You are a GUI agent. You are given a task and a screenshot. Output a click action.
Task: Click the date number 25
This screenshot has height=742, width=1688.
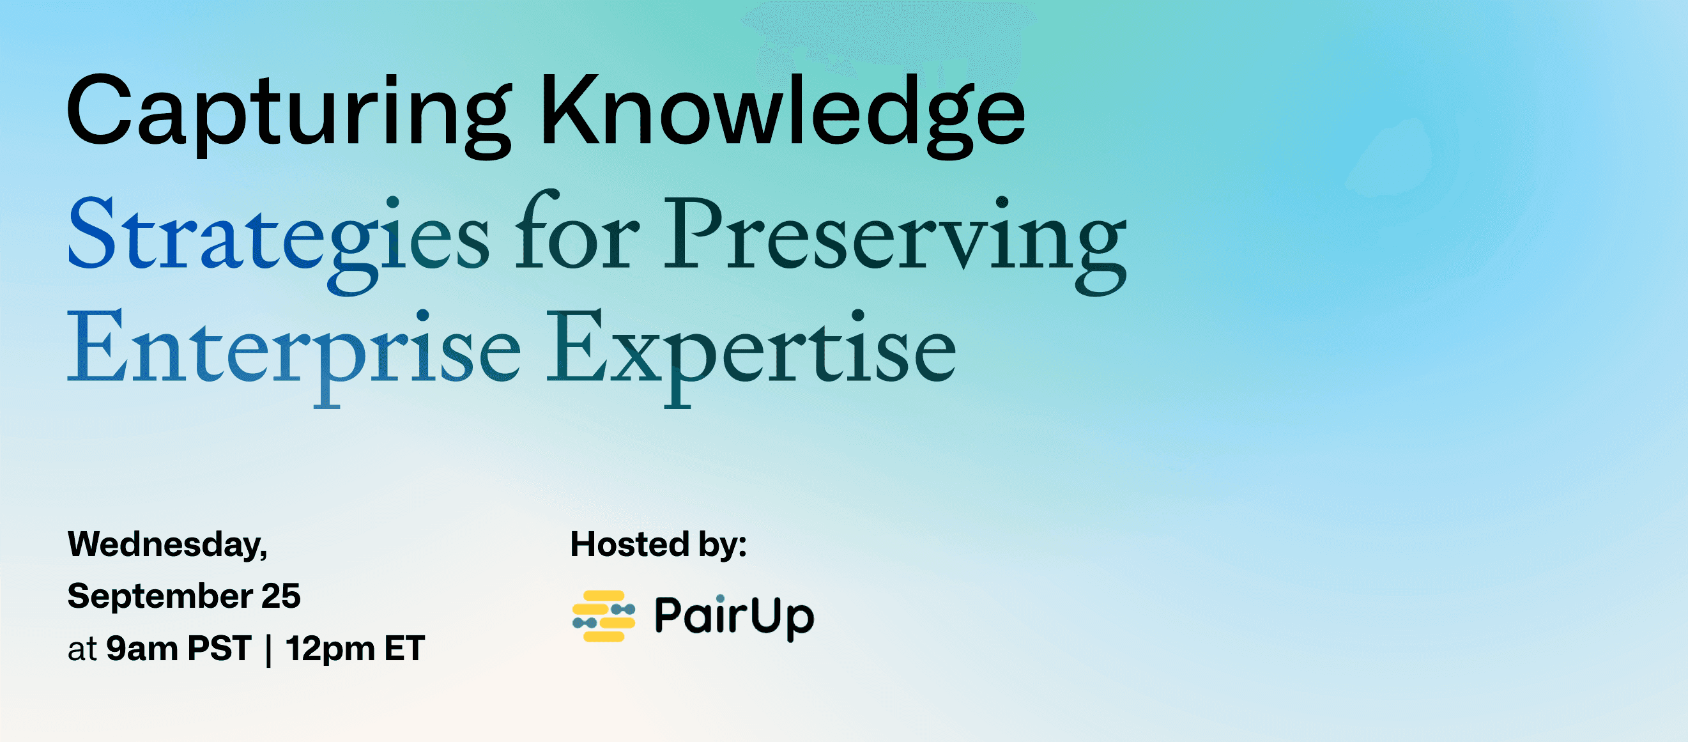[x=281, y=596]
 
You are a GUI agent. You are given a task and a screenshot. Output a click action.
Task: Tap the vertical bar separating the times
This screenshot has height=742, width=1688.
[x=269, y=650]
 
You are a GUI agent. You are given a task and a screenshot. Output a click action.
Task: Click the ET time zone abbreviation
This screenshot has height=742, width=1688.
[x=405, y=648]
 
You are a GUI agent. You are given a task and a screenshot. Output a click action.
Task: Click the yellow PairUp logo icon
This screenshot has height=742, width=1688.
[x=604, y=616]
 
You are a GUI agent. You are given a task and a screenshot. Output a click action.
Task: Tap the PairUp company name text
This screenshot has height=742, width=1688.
[x=735, y=616]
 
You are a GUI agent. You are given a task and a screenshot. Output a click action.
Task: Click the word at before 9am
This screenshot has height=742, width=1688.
[x=82, y=649]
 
